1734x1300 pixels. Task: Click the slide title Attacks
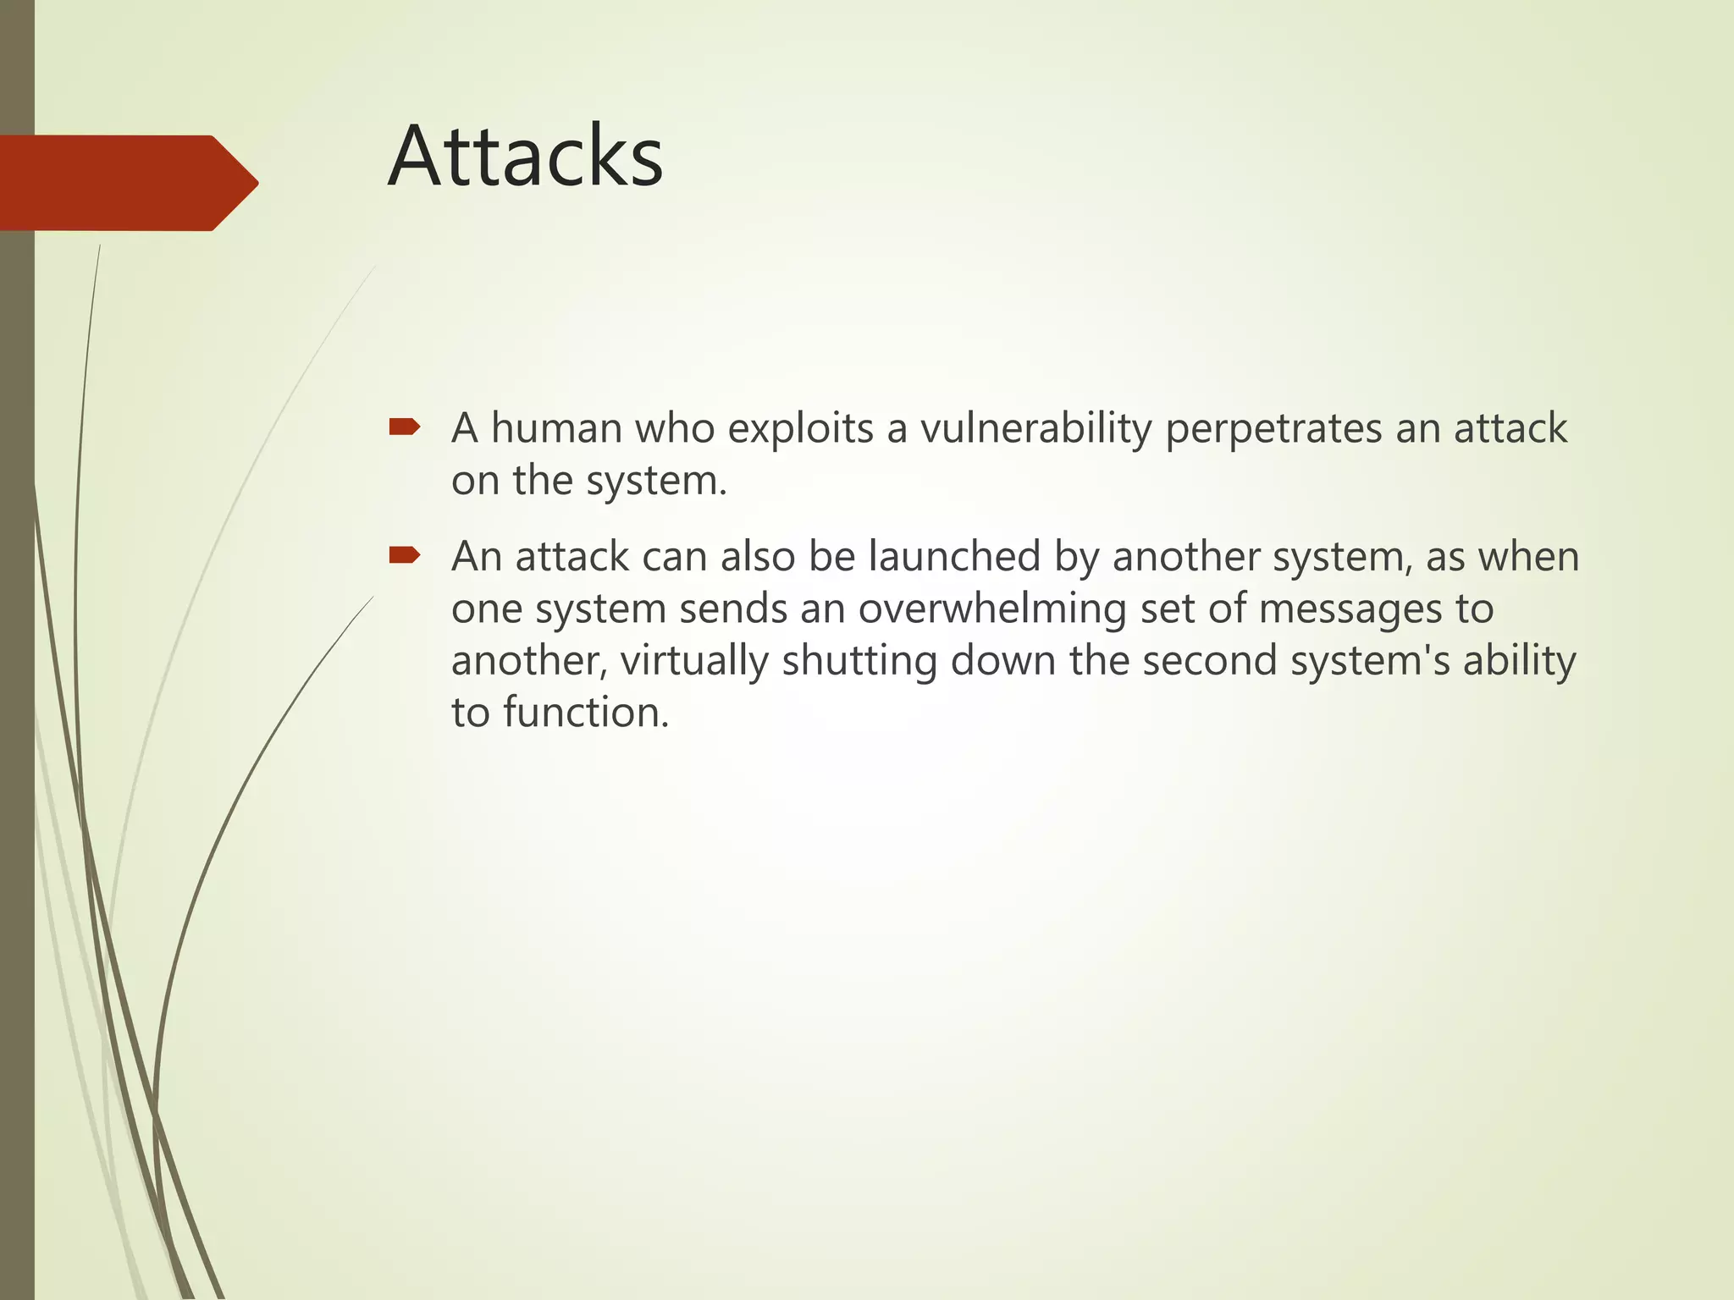pos(525,157)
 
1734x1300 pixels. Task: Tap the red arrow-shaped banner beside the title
pos(127,183)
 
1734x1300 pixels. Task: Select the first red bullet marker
pos(404,427)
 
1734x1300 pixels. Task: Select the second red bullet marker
pos(404,555)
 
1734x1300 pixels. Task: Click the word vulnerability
pos(1035,428)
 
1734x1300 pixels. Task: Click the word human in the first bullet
pos(556,428)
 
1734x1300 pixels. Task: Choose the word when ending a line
pos(1529,557)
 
